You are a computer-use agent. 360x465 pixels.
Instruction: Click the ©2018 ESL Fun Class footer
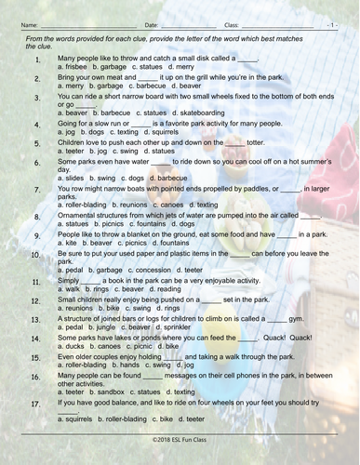click(180, 458)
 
